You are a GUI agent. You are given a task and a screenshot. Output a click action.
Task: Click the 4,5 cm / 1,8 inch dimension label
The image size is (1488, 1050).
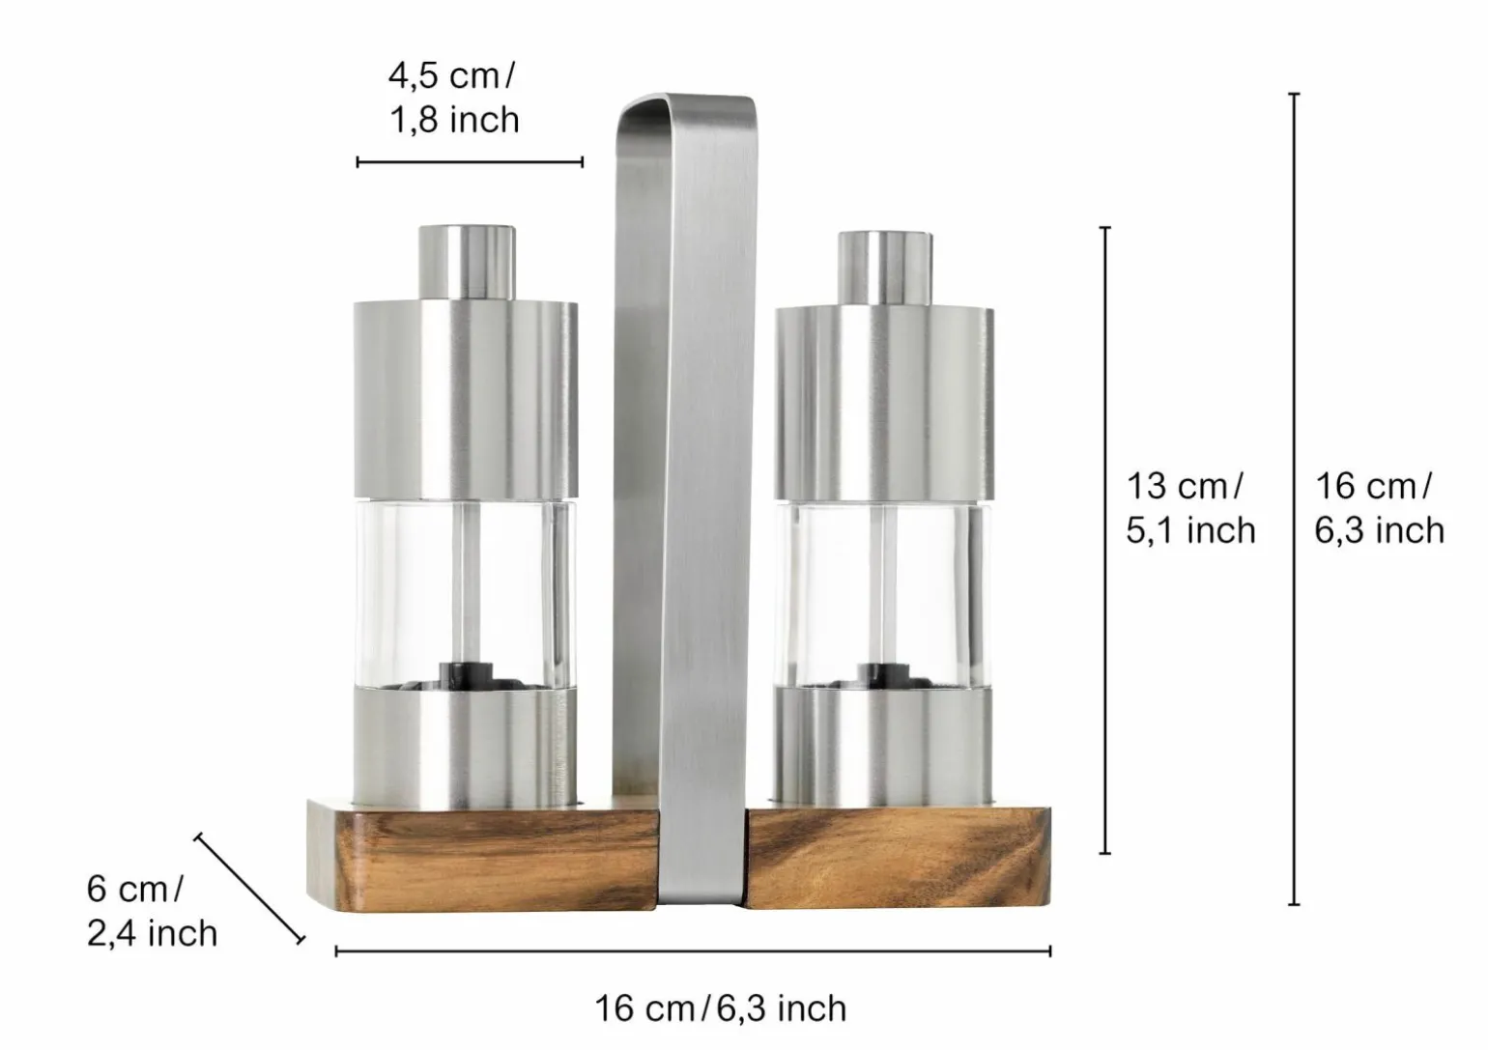coord(454,99)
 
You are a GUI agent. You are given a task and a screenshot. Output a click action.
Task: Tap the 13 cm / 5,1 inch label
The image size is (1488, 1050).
coord(1190,508)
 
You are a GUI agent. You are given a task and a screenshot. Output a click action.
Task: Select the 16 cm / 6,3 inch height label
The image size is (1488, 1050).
coord(1380,508)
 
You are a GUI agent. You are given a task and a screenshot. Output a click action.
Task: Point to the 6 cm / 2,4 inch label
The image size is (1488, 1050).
coord(152,911)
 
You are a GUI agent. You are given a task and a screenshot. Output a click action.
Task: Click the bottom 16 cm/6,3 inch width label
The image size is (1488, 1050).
coord(720,1008)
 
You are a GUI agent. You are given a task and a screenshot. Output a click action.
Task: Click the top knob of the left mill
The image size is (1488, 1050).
coord(467,263)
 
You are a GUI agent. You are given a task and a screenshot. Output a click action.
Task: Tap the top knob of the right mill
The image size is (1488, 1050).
coord(885,269)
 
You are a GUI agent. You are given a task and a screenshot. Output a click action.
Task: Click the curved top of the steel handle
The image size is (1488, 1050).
coord(686,106)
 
